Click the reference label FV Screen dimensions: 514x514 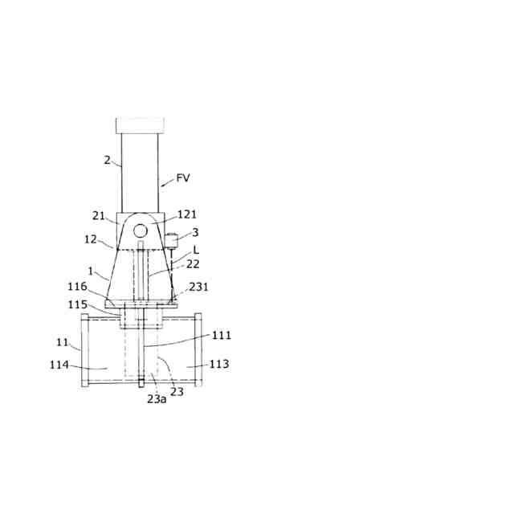[x=183, y=177]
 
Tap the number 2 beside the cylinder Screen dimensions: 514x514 [x=107, y=160]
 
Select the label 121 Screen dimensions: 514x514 [x=187, y=214]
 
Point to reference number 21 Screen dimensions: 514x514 [x=98, y=216]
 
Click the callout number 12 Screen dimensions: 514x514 [x=91, y=239]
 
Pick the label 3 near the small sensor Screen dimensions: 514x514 [x=195, y=232]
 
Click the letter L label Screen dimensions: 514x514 [x=196, y=250]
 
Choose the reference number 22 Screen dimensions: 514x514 [x=193, y=264]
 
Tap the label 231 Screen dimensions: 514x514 [x=198, y=287]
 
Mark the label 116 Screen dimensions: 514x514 [x=77, y=287]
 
